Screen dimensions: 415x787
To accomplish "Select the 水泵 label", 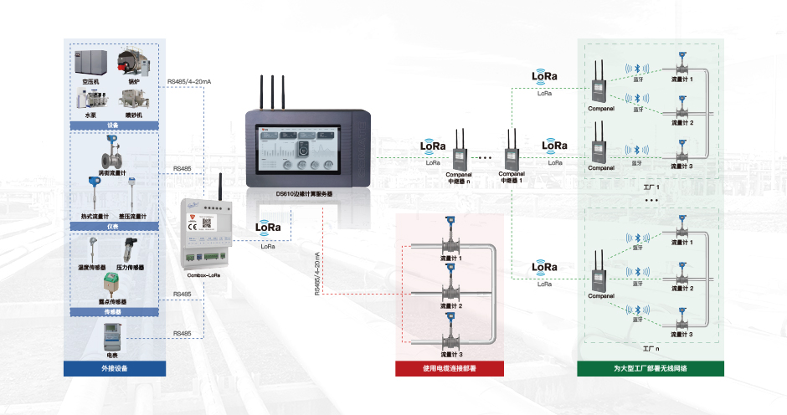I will tap(90, 115).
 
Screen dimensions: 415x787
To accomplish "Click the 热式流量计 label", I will tap(95, 217).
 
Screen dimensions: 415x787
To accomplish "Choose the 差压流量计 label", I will tap(132, 217).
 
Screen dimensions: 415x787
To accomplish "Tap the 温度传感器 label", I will tap(94, 268).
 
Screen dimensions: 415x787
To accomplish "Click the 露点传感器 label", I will tap(112, 301).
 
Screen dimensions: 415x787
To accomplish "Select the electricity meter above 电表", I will tap(111, 337).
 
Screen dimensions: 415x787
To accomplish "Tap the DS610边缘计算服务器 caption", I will tap(304, 193).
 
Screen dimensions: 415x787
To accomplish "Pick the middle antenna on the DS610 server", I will tap(272, 92).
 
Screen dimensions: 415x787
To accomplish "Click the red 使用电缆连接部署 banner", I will tap(450, 368).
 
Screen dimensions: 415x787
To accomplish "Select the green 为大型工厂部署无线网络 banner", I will tap(651, 368).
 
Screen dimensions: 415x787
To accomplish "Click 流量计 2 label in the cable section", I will tap(451, 306).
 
